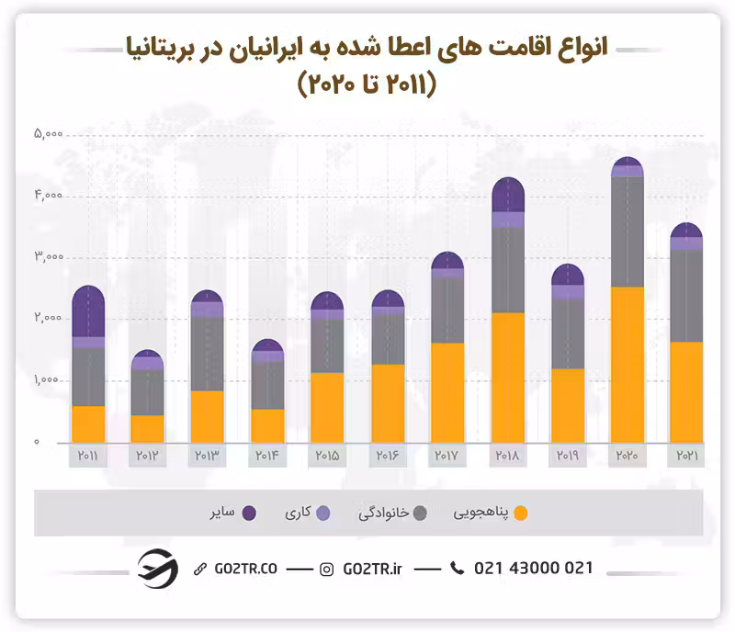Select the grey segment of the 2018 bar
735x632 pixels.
pos(508,270)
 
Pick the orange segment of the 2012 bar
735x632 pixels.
pos(147,428)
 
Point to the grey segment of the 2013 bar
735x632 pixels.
pos(208,354)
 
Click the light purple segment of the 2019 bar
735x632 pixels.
pos(568,292)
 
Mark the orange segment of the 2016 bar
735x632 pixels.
pos(388,403)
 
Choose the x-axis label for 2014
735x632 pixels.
pos(267,456)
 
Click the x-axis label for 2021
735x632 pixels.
pos(686,456)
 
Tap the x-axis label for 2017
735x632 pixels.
pos(447,456)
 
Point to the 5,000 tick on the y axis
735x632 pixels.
pos(48,135)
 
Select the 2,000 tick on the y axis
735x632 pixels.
pos(48,319)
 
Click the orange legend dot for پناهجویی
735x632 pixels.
pos(522,513)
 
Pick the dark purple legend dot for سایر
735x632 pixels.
pos(248,513)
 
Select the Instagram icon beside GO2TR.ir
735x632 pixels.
pos(326,570)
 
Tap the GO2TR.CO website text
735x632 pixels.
pos(243,570)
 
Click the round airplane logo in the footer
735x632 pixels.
pos(157,569)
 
